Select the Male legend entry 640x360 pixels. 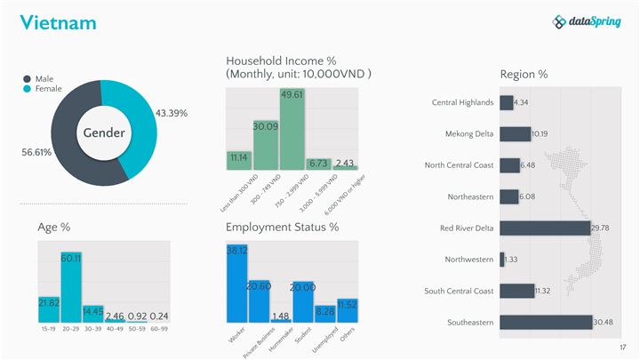[44, 78]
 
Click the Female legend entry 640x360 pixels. [47, 89]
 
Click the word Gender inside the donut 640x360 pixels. [104, 132]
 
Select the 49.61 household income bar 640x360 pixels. [292, 129]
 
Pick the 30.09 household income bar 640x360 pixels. [266, 145]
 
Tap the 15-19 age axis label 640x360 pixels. [49, 328]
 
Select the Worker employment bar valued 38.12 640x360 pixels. [237, 283]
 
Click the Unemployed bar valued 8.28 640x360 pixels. [325, 314]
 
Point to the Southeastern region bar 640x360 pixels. [546, 322]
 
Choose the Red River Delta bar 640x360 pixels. [545, 228]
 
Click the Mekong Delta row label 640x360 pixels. [468, 134]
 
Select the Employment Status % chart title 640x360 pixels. [282, 228]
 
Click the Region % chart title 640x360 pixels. [524, 75]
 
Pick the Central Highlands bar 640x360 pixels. [507, 102]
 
